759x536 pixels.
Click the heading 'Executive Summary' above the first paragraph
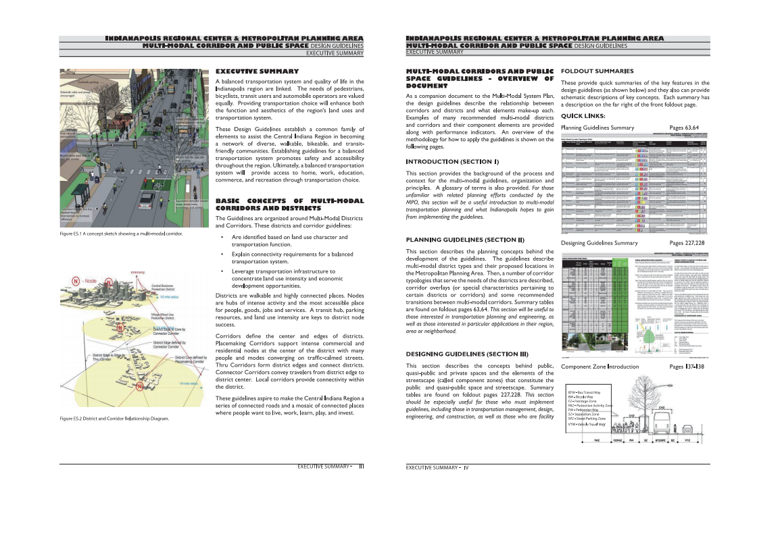[x=257, y=71]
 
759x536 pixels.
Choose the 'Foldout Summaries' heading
[x=597, y=71]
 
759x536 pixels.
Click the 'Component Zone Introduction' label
[x=599, y=367]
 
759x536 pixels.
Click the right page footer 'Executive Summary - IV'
[x=437, y=467]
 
